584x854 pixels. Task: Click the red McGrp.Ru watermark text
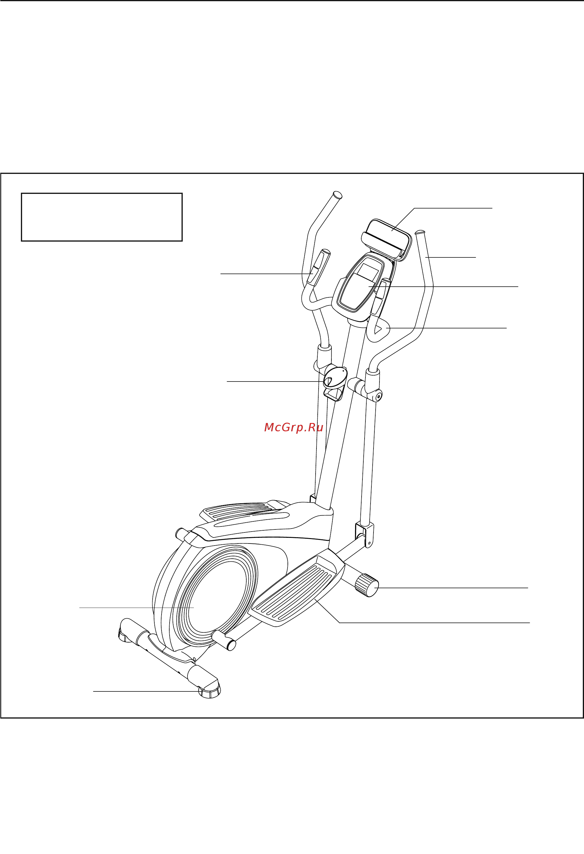coord(293,427)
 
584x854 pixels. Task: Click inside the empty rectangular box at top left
coord(102,217)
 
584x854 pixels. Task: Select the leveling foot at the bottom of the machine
coord(210,693)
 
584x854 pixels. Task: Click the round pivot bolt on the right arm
coord(377,396)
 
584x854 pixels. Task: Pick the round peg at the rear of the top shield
coord(182,534)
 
